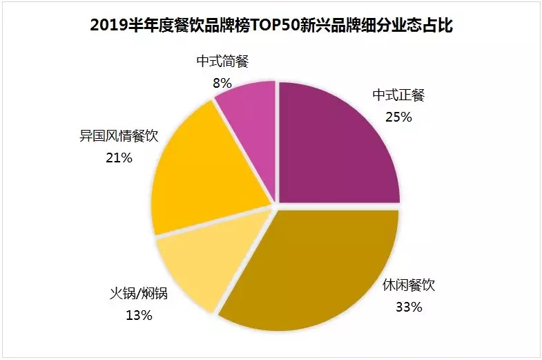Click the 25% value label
tap(398, 117)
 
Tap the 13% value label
tap(139, 316)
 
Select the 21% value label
tap(118, 158)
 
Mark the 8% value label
tap(221, 82)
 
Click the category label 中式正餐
tap(398, 95)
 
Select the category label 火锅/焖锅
tap(139, 296)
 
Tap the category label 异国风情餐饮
tap(119, 136)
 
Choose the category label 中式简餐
tap(222, 61)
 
